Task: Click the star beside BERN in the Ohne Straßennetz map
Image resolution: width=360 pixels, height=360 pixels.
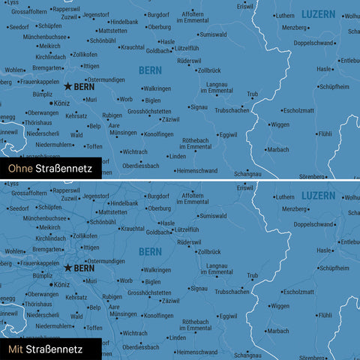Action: coord(67,87)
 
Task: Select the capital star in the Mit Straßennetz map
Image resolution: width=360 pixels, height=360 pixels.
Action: coord(67,268)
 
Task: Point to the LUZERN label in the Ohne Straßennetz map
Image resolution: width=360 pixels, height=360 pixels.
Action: coord(319,14)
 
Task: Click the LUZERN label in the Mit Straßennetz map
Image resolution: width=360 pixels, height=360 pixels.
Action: coord(319,195)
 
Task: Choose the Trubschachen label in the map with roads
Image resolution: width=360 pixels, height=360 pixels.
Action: coord(232,291)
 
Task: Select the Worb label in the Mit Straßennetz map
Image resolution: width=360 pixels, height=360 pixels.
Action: coord(126,280)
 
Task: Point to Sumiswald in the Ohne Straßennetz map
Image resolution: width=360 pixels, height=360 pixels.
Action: coord(213,34)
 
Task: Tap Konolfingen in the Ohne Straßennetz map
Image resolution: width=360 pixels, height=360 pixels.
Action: coord(158,134)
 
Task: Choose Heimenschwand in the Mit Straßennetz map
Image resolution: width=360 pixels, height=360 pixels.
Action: coord(199,351)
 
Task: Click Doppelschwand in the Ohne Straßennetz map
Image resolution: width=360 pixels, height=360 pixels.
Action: coord(314,43)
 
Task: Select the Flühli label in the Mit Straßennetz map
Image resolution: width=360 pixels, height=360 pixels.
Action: coord(324,315)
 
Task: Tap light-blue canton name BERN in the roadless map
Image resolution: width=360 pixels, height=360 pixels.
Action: coord(150,70)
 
